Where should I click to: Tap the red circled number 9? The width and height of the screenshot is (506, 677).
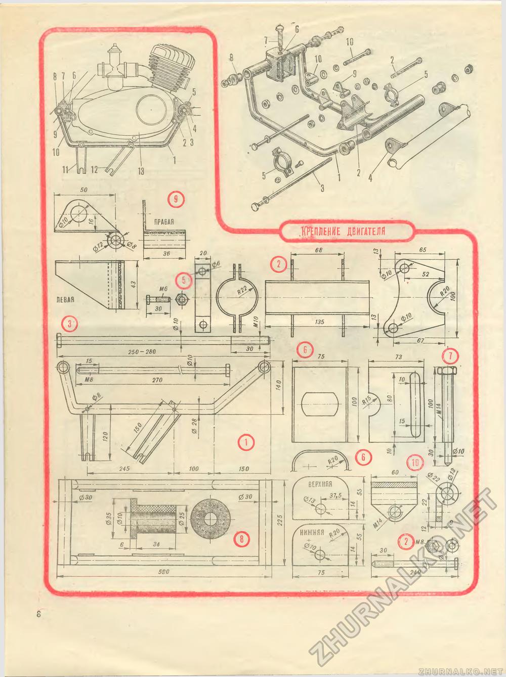pos(175,199)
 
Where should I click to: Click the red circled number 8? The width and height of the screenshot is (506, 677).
pos(242,539)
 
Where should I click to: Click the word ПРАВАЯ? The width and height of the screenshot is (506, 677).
pos(164,221)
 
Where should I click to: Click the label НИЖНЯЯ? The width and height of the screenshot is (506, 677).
pos(312,532)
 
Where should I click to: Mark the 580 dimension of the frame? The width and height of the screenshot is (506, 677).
pos(163,572)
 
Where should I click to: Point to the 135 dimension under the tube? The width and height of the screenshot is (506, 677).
pos(319,322)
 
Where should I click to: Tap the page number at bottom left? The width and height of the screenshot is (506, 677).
pos(38,614)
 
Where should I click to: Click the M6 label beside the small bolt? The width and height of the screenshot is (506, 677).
pos(163,289)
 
